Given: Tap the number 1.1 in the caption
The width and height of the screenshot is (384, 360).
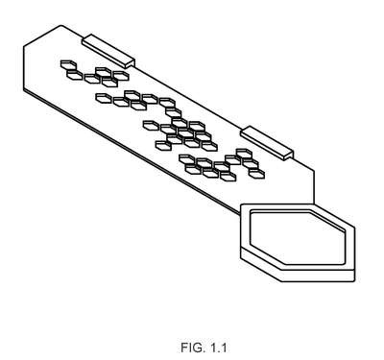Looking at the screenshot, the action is pyautogui.click(x=218, y=348).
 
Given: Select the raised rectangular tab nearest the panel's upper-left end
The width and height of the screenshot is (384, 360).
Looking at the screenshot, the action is pyautogui.click(x=108, y=51).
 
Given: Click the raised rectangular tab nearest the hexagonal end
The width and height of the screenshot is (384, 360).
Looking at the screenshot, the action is pyautogui.click(x=267, y=143).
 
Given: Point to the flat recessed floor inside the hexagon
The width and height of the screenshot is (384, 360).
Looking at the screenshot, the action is pyautogui.click(x=298, y=237).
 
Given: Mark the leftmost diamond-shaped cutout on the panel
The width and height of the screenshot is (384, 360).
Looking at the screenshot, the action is pyautogui.click(x=68, y=64).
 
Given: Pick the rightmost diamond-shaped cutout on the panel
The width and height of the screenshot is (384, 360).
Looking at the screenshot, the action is pyautogui.click(x=256, y=174).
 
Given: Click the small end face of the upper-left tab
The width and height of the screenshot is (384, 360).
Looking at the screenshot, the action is pyautogui.click(x=131, y=63).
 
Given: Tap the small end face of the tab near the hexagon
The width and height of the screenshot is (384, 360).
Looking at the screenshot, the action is pyautogui.click(x=289, y=156).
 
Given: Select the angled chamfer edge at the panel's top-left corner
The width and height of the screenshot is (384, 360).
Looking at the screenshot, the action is pyautogui.click(x=42, y=36).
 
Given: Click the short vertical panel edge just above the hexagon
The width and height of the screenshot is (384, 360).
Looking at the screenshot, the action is pyautogui.click(x=314, y=187).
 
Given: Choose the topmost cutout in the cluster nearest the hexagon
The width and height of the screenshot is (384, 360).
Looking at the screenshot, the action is pyautogui.click(x=244, y=154).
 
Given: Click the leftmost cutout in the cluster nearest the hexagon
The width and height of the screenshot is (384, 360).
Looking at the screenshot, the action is pyautogui.click(x=187, y=159).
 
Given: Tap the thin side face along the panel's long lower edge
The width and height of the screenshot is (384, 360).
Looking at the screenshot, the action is pyautogui.click(x=132, y=152).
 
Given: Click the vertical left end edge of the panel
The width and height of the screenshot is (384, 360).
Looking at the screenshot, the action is pyautogui.click(x=24, y=68).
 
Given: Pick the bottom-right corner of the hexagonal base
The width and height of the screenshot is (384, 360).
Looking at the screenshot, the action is pyautogui.click(x=354, y=281).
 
